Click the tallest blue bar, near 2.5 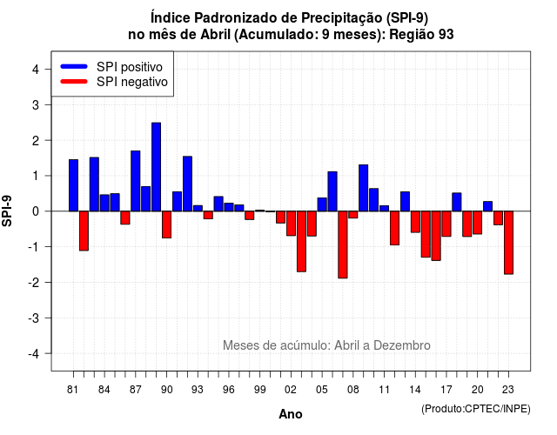pyautogui.click(x=157, y=167)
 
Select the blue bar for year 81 pyautogui.click(x=73, y=185)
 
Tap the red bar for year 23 pyautogui.click(x=508, y=243)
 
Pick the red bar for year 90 pyautogui.click(x=166, y=224)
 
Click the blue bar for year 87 pyautogui.click(x=136, y=181)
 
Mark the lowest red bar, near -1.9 pyautogui.click(x=343, y=244)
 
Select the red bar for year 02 pyautogui.click(x=280, y=217)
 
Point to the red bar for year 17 pyautogui.click(x=446, y=224)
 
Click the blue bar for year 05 pyautogui.click(x=322, y=204)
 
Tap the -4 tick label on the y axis pyautogui.click(x=34, y=353)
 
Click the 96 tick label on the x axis pyautogui.click(x=229, y=390)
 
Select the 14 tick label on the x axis pyautogui.click(x=414, y=390)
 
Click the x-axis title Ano pyautogui.click(x=291, y=414)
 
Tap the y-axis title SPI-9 pyautogui.click(x=7, y=211)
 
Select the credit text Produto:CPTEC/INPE pyautogui.click(x=476, y=409)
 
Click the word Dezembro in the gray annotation pyautogui.click(x=402, y=345)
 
